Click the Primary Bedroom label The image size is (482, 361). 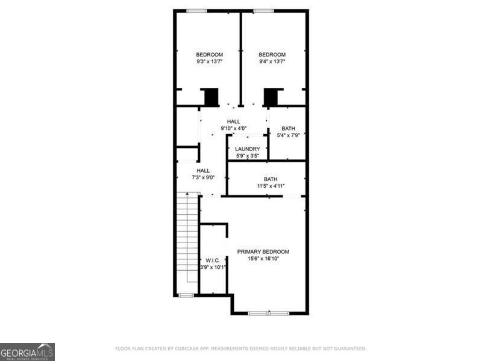(263, 251)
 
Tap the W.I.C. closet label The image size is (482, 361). (213, 261)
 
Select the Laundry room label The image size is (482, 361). (247, 149)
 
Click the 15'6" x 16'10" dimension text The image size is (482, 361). (263, 258)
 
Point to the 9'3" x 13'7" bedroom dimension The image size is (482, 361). (209, 61)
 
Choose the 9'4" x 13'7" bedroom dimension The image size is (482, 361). (272, 61)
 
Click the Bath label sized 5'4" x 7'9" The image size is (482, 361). (288, 128)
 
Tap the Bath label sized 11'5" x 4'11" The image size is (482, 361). (271, 179)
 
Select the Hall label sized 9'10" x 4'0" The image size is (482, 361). (233, 122)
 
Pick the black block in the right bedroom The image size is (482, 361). (272, 97)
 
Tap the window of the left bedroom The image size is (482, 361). (196, 11)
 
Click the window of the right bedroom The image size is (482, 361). (263, 11)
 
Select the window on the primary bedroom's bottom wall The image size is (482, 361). (268, 313)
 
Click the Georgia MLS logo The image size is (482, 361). (27, 351)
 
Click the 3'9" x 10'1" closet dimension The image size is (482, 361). (213, 267)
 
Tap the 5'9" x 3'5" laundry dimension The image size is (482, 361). (247, 156)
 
